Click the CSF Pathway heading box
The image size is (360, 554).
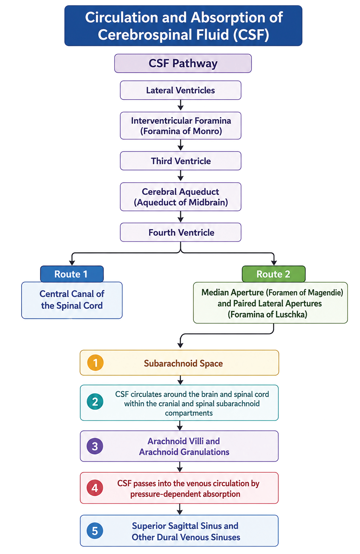click(x=183, y=63)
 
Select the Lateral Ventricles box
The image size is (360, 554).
click(x=180, y=90)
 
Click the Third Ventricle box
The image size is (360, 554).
click(x=180, y=161)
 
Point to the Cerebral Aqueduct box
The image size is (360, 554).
click(x=180, y=197)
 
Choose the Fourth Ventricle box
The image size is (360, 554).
click(x=180, y=233)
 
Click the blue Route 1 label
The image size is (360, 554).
click(x=72, y=274)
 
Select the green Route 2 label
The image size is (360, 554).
click(x=273, y=274)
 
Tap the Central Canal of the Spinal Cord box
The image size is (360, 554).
click(x=72, y=300)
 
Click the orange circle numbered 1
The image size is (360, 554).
click(x=95, y=363)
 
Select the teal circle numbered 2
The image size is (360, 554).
click(x=95, y=402)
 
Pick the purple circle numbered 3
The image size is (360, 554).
click(x=95, y=446)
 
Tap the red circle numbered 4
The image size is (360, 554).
click(x=95, y=488)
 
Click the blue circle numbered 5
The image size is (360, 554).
click(x=95, y=531)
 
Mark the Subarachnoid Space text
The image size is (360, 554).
click(x=183, y=363)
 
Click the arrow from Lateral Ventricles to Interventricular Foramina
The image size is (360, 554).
click(x=181, y=105)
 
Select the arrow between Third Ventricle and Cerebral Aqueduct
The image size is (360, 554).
click(x=181, y=176)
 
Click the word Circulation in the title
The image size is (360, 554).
click(x=122, y=18)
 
